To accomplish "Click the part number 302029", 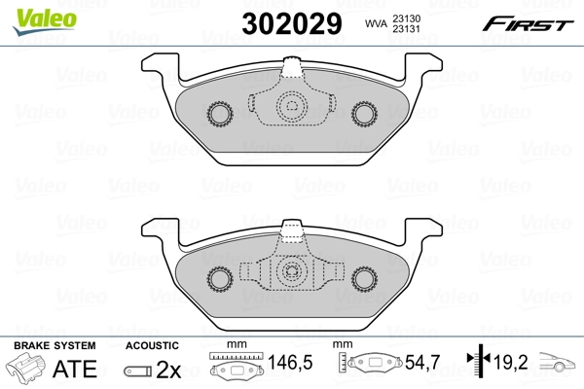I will [294, 22].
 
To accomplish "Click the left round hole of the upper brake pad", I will [218, 116].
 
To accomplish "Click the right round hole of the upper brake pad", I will [368, 116].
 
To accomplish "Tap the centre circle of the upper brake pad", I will [292, 107].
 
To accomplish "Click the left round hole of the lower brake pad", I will [218, 279].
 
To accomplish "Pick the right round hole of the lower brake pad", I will [368, 279].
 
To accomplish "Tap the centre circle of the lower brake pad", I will [292, 272].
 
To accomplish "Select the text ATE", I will [74, 369].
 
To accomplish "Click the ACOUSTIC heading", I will [152, 345].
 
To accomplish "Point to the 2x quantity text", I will [169, 369].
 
